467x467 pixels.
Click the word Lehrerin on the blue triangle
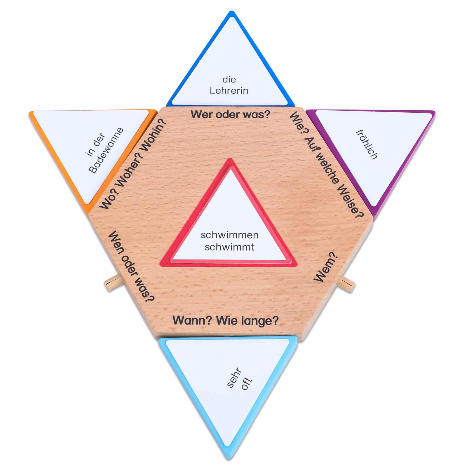point(229,90)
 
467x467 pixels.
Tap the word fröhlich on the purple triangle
point(367,144)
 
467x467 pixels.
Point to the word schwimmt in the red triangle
point(229,247)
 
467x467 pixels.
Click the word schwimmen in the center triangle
point(229,235)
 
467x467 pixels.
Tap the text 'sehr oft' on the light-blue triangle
point(239,379)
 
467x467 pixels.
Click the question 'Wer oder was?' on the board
point(231,114)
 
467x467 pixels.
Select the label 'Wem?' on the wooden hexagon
point(326,267)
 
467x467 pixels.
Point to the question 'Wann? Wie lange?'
point(226,320)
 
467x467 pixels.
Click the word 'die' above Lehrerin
point(229,79)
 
